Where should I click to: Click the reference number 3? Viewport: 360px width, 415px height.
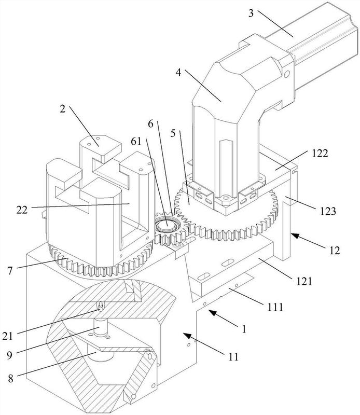251,13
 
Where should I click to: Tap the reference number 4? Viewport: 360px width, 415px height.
178,72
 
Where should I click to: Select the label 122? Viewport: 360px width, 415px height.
320,153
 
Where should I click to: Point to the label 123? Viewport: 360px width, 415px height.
328,211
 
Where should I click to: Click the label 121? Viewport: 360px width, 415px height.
304,281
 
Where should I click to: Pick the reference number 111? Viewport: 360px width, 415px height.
275,307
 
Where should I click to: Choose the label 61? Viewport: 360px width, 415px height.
136,141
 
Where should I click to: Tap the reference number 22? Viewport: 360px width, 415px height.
22,210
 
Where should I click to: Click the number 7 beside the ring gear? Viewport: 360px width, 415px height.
10,270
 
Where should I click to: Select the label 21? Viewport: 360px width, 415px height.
7,336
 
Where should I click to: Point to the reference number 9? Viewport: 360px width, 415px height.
9,355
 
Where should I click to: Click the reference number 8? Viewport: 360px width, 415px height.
10,378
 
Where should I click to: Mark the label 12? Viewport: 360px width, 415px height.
335,250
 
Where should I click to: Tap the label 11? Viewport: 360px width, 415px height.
233,357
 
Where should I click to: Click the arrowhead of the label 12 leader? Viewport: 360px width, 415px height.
294,235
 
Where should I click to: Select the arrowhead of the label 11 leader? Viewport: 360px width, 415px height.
186,335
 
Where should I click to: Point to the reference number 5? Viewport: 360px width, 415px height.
173,133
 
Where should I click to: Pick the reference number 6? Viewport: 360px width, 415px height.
150,123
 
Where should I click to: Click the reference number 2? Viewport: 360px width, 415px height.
62,108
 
